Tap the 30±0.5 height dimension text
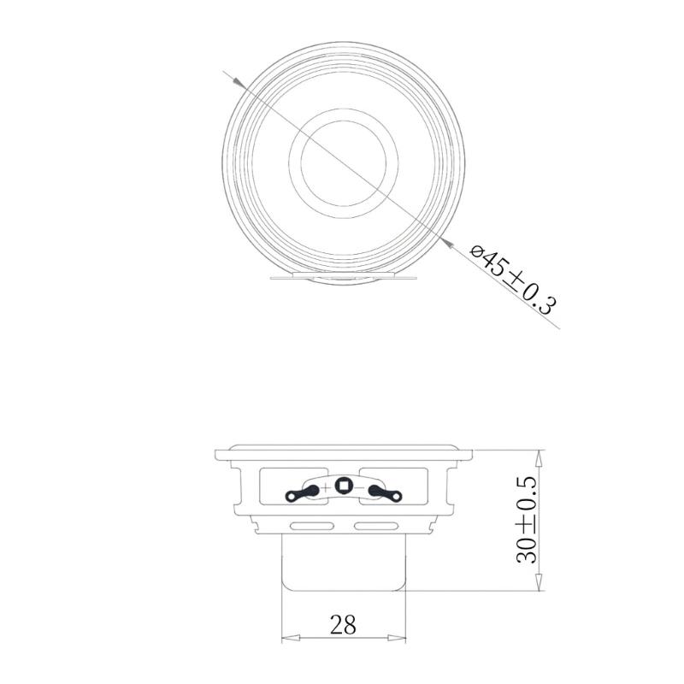tap(527, 520)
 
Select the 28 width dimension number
tap(343, 625)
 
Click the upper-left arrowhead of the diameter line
tap(235, 80)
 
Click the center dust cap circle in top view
tap(343, 158)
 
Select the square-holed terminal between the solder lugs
tap(344, 486)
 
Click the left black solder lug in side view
tap(303, 492)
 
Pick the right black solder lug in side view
tap(384, 492)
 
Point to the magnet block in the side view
tap(343, 560)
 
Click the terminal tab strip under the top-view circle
tap(342, 278)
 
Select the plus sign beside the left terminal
tap(325, 486)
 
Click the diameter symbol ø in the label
tap(479, 252)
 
